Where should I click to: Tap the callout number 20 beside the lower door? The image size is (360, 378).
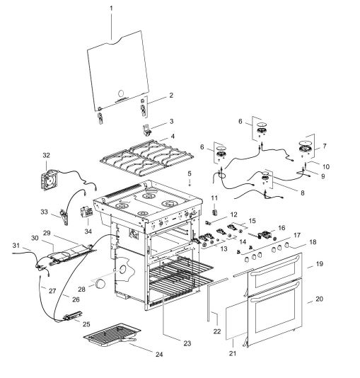coord(319,300)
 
